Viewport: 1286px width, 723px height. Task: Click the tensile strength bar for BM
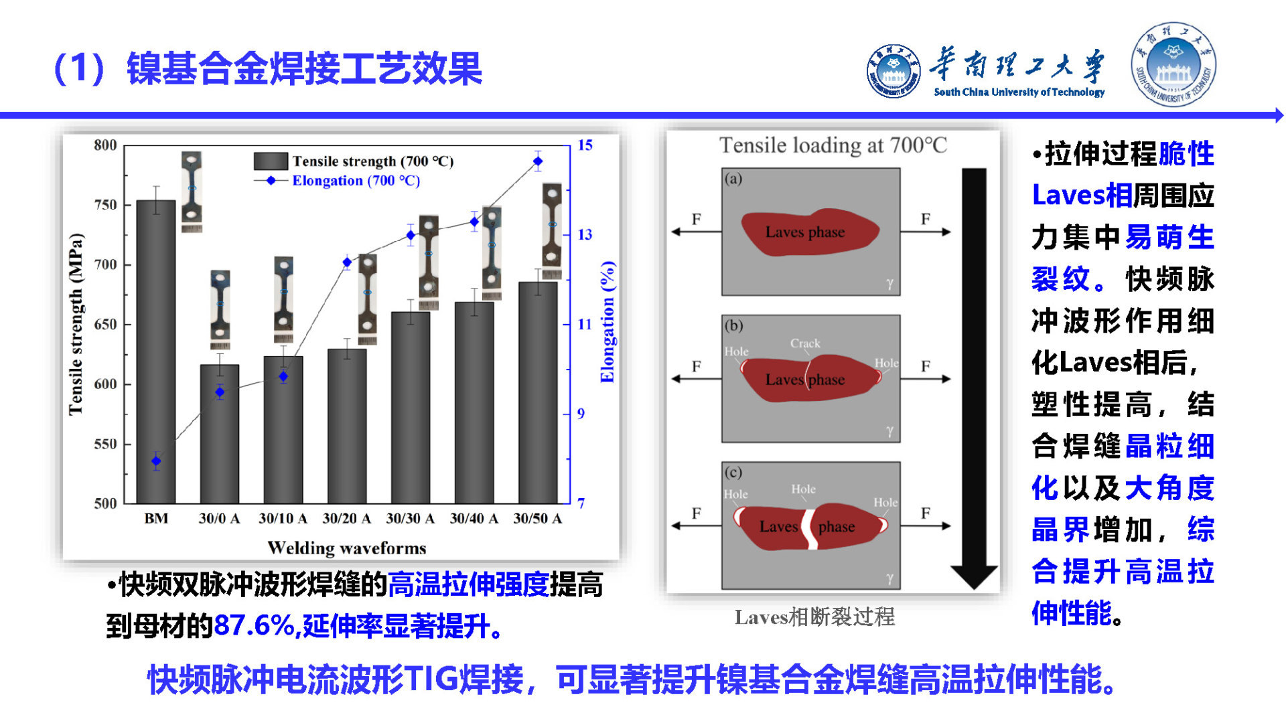[156, 351]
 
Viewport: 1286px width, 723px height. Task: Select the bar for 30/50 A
[538, 392]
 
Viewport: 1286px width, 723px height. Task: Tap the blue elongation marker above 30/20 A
[347, 262]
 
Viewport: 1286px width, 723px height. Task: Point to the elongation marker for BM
[156, 461]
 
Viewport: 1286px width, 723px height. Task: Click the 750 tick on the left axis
[106, 205]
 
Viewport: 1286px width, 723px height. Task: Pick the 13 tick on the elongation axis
[585, 234]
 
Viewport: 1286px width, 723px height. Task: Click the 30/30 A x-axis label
[410, 518]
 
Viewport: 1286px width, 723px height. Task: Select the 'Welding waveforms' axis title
[347, 548]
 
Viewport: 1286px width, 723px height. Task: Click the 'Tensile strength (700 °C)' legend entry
[354, 161]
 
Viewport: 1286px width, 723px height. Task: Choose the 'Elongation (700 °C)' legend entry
[337, 181]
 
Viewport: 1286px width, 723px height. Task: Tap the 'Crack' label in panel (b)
[805, 343]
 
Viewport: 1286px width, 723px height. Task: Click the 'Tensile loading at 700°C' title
[833, 145]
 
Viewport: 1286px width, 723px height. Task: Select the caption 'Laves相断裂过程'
[814, 617]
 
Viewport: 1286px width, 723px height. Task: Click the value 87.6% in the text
[255, 626]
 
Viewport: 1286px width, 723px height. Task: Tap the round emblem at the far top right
[1173, 64]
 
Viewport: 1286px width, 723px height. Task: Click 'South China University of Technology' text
[1019, 92]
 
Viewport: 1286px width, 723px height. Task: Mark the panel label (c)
[733, 473]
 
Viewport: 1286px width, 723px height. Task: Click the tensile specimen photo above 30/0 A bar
[220, 309]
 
